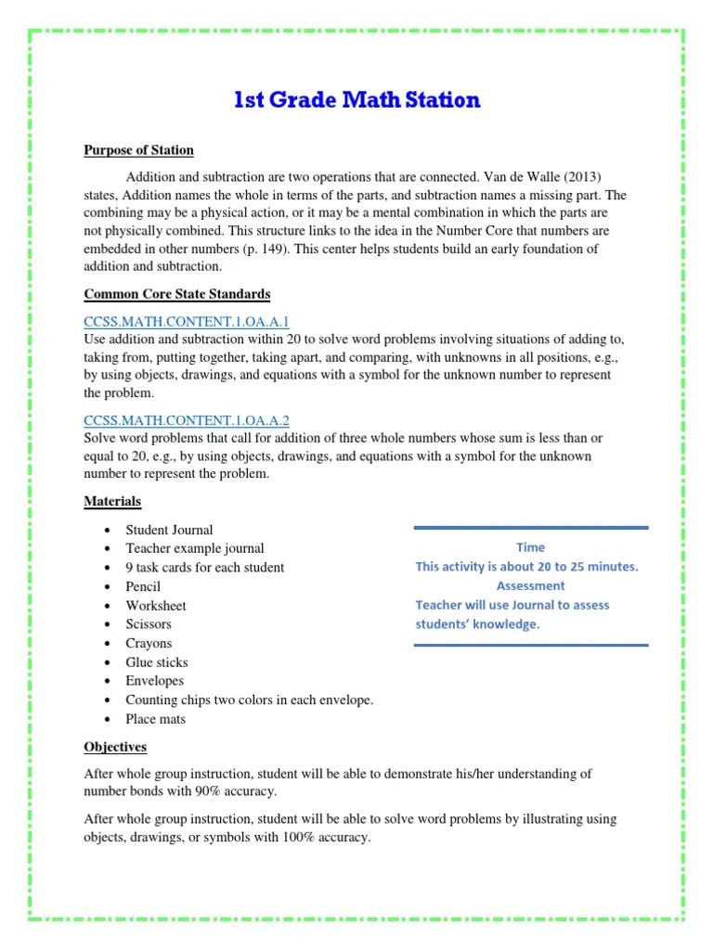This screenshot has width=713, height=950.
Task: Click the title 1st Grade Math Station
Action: [357, 100]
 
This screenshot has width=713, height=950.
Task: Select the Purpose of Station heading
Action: [138, 150]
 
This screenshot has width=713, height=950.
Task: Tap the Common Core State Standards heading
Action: [176, 294]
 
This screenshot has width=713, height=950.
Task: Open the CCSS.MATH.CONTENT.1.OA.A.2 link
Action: [188, 419]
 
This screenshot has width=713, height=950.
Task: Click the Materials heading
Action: [112, 501]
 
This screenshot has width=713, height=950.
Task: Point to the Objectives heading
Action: [115, 747]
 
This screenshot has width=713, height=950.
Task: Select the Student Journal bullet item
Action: [169, 530]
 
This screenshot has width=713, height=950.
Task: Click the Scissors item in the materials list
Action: [149, 624]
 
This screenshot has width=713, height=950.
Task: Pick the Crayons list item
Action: [149, 643]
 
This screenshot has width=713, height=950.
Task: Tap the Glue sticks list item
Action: [156, 662]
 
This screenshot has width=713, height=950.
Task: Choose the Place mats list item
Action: [155, 719]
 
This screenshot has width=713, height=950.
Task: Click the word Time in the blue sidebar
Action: [530, 547]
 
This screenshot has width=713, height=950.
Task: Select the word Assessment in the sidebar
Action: [530, 585]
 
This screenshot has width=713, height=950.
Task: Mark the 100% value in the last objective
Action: [302, 838]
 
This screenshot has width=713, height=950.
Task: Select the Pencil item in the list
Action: [143, 586]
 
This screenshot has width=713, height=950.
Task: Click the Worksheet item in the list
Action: [156, 605]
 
